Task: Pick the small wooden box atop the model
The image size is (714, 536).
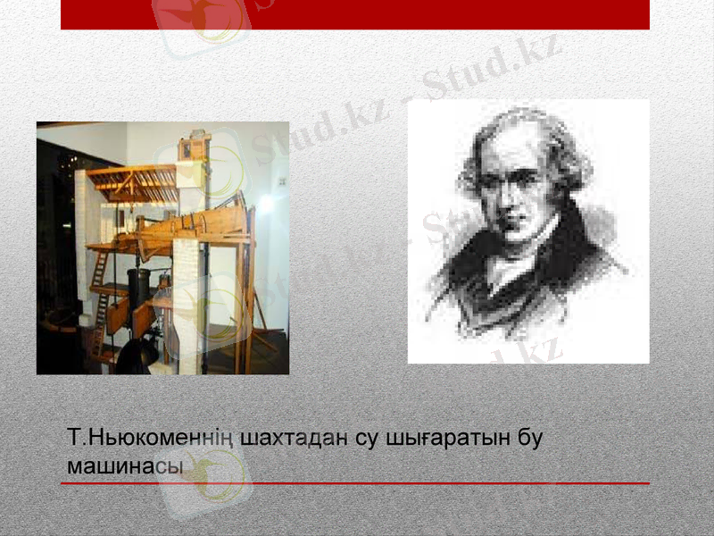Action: coord(192,145)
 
